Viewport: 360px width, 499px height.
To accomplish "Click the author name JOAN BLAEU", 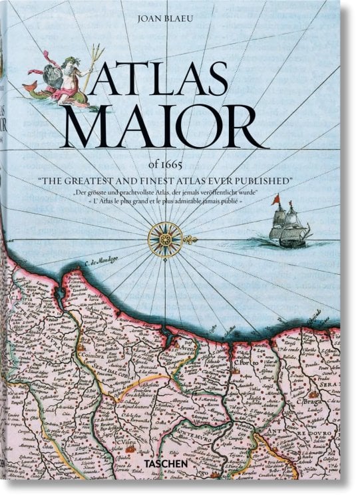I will [x=180, y=19].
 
